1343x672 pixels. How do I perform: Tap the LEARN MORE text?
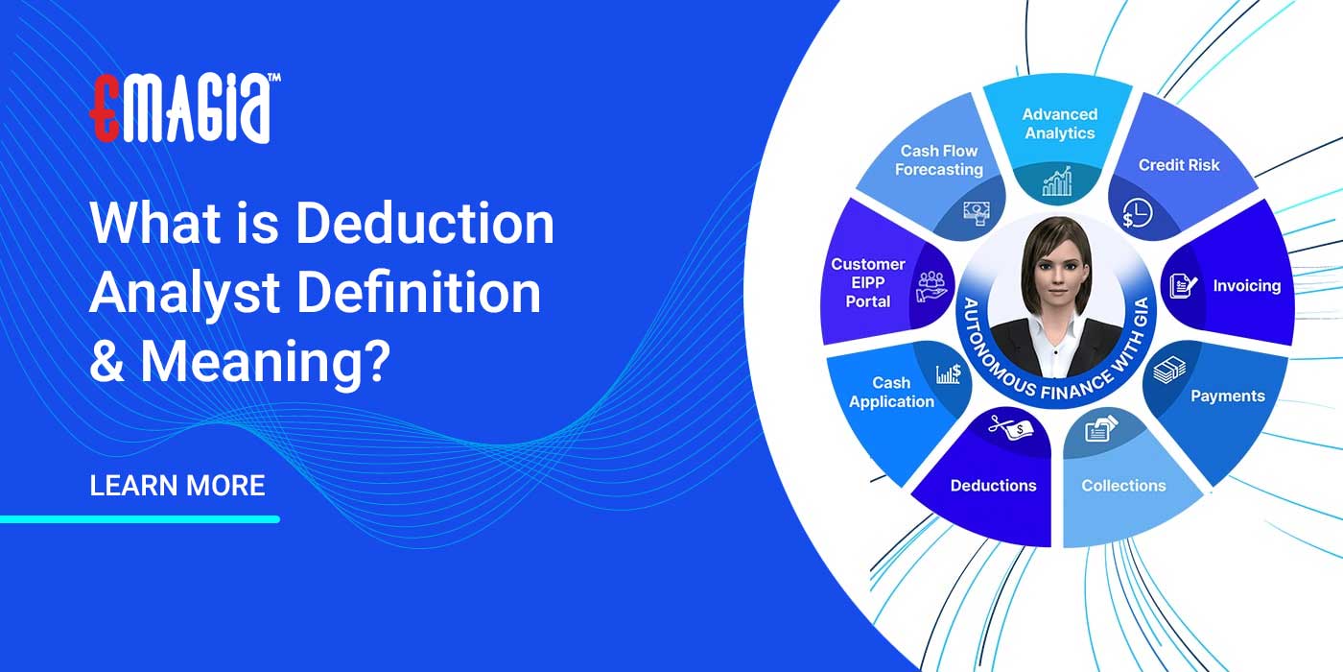(x=177, y=485)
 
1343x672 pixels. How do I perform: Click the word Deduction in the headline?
(x=424, y=224)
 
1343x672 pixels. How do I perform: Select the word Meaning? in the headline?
(x=265, y=360)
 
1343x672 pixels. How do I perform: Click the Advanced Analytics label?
(x=1059, y=124)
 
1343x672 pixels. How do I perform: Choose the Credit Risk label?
(x=1179, y=165)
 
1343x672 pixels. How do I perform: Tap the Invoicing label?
(x=1246, y=285)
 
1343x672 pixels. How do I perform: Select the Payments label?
(x=1227, y=396)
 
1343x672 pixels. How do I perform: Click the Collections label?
(x=1123, y=486)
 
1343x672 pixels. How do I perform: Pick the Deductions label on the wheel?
(x=993, y=486)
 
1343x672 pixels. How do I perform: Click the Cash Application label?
(x=891, y=392)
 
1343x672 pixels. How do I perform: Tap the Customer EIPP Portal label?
(x=867, y=282)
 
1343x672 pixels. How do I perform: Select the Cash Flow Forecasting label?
(x=938, y=160)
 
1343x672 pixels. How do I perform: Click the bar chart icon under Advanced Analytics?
(x=1057, y=180)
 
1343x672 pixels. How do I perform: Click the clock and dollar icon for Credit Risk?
(x=1133, y=214)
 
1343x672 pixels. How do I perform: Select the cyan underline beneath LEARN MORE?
(x=140, y=519)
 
